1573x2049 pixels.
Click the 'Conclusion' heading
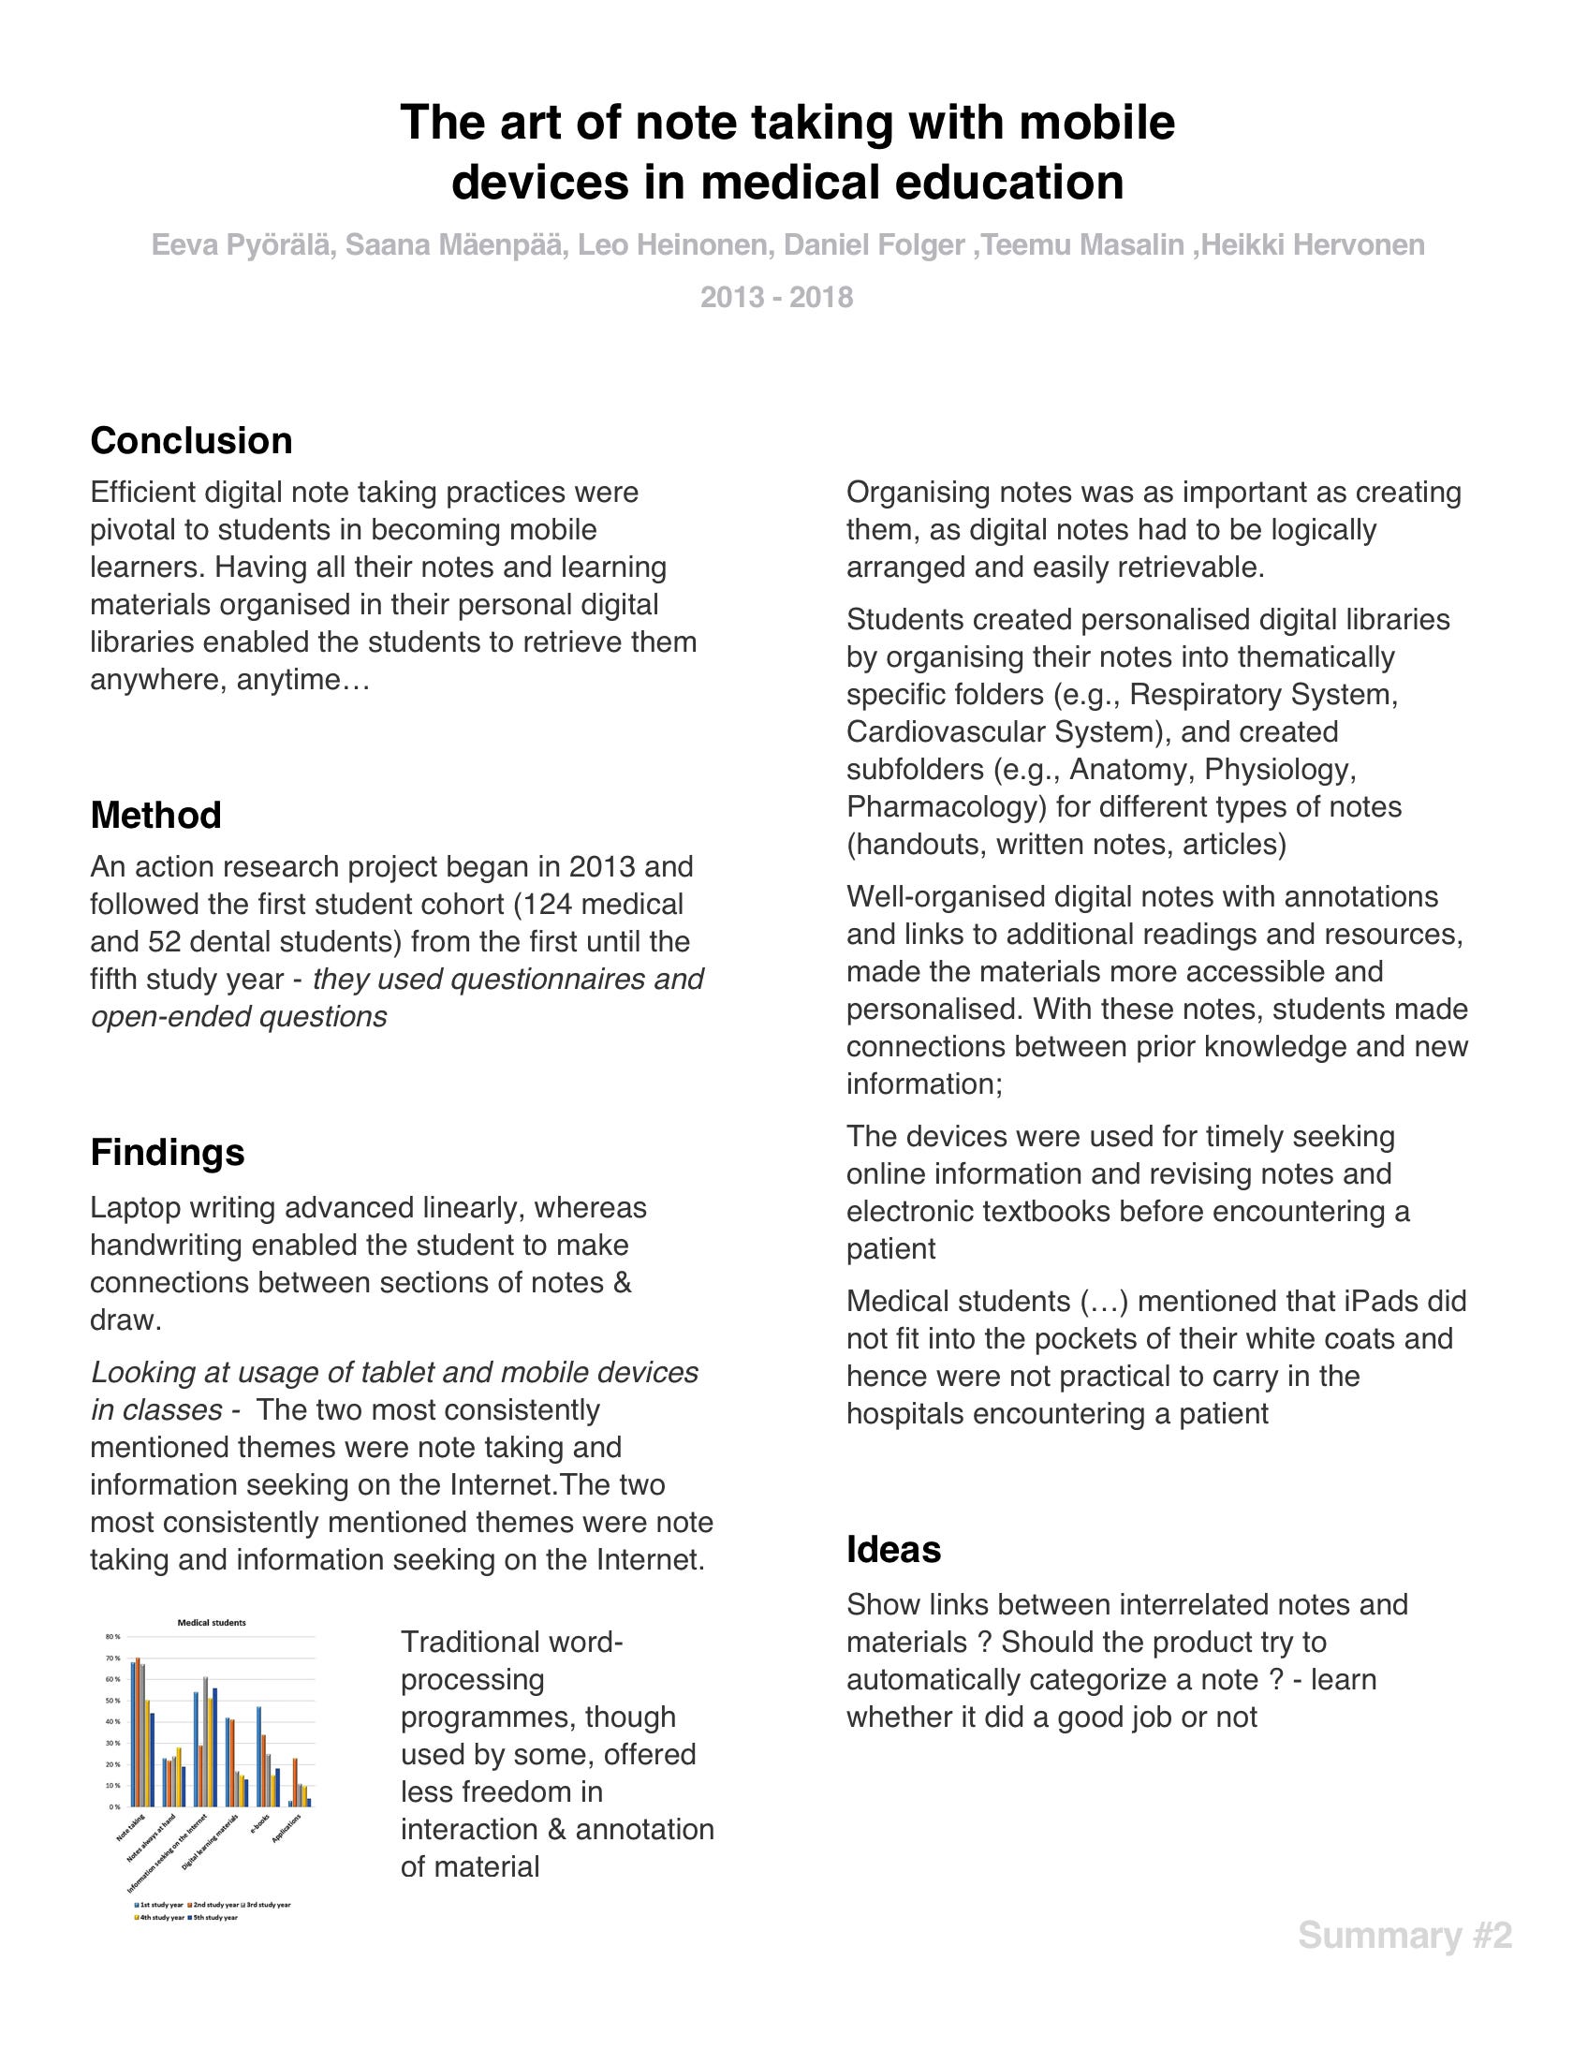[191, 441]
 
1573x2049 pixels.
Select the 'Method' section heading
[155, 816]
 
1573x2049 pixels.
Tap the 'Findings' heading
[167, 1153]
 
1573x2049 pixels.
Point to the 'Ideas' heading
[893, 1550]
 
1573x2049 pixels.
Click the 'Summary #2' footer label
[1404, 1935]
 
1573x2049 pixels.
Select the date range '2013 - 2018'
[776, 298]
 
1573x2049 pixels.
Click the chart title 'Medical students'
[212, 1623]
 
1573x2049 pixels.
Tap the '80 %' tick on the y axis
[113, 1638]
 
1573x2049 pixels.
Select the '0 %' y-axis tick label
[115, 1806]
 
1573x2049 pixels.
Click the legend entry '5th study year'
[218, 1918]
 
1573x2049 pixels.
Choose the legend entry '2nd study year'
[218, 1906]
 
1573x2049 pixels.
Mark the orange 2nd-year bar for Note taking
[138, 1732]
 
